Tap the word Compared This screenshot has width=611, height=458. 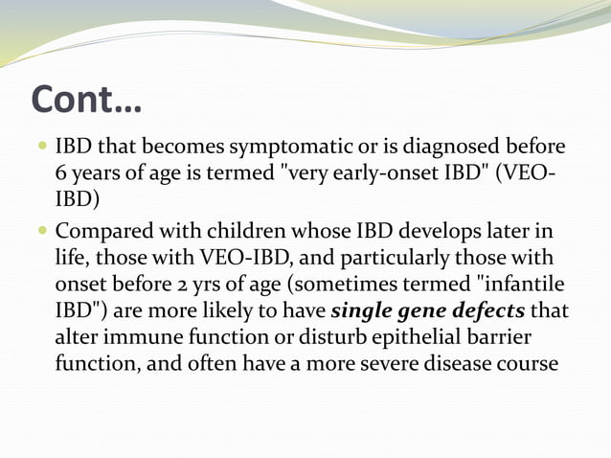[x=102, y=233]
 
